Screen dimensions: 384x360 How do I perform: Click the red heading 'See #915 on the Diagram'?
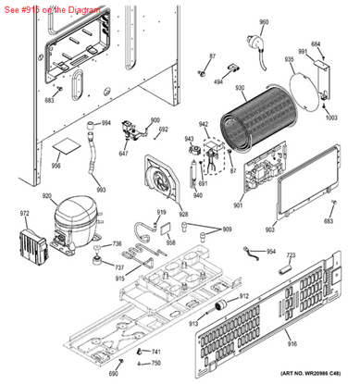pyautogui.click(x=54, y=6)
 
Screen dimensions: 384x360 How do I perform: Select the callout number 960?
pyautogui.click(x=264, y=22)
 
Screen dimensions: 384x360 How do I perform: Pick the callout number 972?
pyautogui.click(x=25, y=214)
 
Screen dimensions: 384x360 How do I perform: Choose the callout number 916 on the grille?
pyautogui.click(x=292, y=344)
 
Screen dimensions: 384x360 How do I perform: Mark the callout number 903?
pyautogui.click(x=270, y=229)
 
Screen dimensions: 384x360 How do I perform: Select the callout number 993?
pyautogui.click(x=101, y=190)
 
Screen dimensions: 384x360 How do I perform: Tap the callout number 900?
pyautogui.click(x=155, y=121)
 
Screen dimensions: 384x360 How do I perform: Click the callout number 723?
pyautogui.click(x=290, y=254)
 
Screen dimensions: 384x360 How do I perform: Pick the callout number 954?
pyautogui.click(x=271, y=251)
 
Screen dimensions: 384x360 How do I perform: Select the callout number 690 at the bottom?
pyautogui.click(x=113, y=373)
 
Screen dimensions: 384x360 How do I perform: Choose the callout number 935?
pyautogui.click(x=289, y=59)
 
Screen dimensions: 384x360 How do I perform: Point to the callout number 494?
pyautogui.click(x=219, y=81)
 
